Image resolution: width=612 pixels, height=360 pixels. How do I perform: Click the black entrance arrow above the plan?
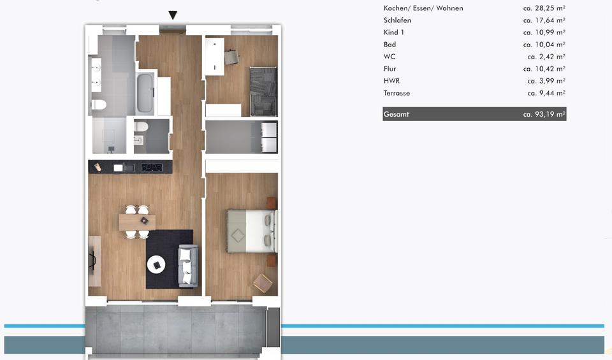click(173, 15)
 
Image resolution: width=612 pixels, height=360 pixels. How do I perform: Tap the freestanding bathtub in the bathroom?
click(145, 93)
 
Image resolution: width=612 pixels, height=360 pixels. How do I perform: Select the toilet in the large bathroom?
click(99, 104)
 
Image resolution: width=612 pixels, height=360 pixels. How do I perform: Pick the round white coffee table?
click(156, 263)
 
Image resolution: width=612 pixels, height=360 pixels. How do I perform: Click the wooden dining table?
click(137, 221)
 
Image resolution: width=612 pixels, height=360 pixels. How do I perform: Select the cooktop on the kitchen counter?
click(151, 168)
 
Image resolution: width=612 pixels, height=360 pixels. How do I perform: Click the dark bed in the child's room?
click(263, 91)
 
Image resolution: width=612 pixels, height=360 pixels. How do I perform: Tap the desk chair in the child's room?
click(232, 57)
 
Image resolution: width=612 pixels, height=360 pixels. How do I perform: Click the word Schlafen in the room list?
click(397, 20)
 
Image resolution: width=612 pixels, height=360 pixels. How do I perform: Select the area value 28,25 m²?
click(544, 8)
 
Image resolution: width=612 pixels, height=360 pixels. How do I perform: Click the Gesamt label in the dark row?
click(397, 115)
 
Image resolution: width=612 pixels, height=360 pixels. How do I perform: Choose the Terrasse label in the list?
click(397, 93)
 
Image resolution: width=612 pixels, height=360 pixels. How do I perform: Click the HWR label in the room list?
click(391, 81)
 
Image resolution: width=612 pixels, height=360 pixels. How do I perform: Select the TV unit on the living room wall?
click(94, 259)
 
